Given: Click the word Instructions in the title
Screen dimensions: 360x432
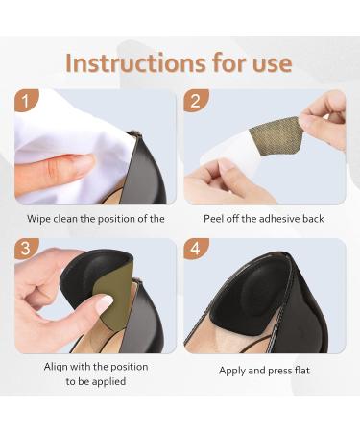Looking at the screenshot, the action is (135, 62).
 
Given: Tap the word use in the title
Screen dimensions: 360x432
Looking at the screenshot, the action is (273, 64).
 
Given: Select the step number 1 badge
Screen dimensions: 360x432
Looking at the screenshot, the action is (26, 101).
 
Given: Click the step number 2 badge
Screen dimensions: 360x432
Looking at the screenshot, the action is (196, 101).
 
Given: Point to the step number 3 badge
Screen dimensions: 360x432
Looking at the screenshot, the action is (26, 249).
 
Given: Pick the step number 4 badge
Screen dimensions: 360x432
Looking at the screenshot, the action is (196, 249).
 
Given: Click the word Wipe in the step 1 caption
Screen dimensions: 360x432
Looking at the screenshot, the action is (38, 219).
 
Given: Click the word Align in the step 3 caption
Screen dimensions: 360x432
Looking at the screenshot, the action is (56, 367).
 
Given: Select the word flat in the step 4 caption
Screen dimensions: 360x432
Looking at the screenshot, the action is (302, 371).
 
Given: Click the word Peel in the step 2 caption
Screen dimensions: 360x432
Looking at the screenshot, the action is (213, 219).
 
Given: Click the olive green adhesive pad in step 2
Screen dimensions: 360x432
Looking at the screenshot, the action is (276, 135).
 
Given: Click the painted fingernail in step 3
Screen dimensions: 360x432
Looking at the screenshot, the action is (105, 304).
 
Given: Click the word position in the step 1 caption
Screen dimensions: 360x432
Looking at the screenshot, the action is (116, 220).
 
